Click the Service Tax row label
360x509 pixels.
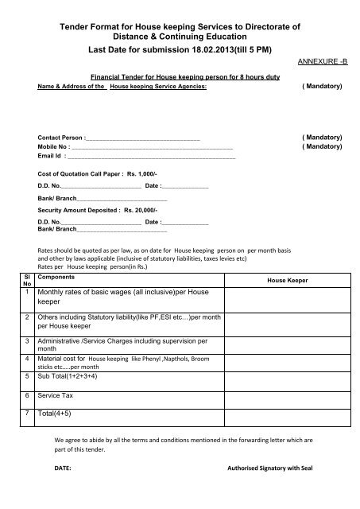point(63,394)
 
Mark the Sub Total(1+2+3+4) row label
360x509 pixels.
point(75,376)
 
